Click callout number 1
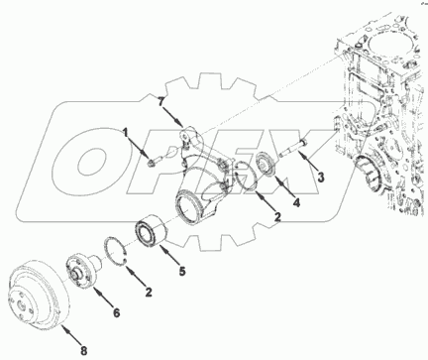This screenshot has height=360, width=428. click(125, 133)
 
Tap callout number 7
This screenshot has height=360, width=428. click(160, 102)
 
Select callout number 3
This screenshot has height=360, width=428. click(321, 178)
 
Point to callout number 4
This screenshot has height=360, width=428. click(297, 202)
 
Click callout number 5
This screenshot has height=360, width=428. click(182, 271)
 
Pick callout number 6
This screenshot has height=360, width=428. click(117, 312)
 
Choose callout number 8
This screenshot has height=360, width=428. click(84, 351)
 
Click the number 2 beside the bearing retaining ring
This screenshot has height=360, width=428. click(149, 292)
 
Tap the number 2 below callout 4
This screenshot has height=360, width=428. click(277, 217)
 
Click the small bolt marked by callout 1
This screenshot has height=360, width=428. click(154, 162)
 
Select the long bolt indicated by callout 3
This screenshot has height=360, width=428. click(294, 148)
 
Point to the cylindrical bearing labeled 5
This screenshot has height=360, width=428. click(151, 232)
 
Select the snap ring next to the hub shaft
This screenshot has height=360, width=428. click(115, 251)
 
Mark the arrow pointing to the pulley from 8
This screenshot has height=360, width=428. click(70, 334)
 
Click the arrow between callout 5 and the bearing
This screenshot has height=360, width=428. click(168, 254)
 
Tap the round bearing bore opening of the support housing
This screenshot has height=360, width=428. click(186, 206)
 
